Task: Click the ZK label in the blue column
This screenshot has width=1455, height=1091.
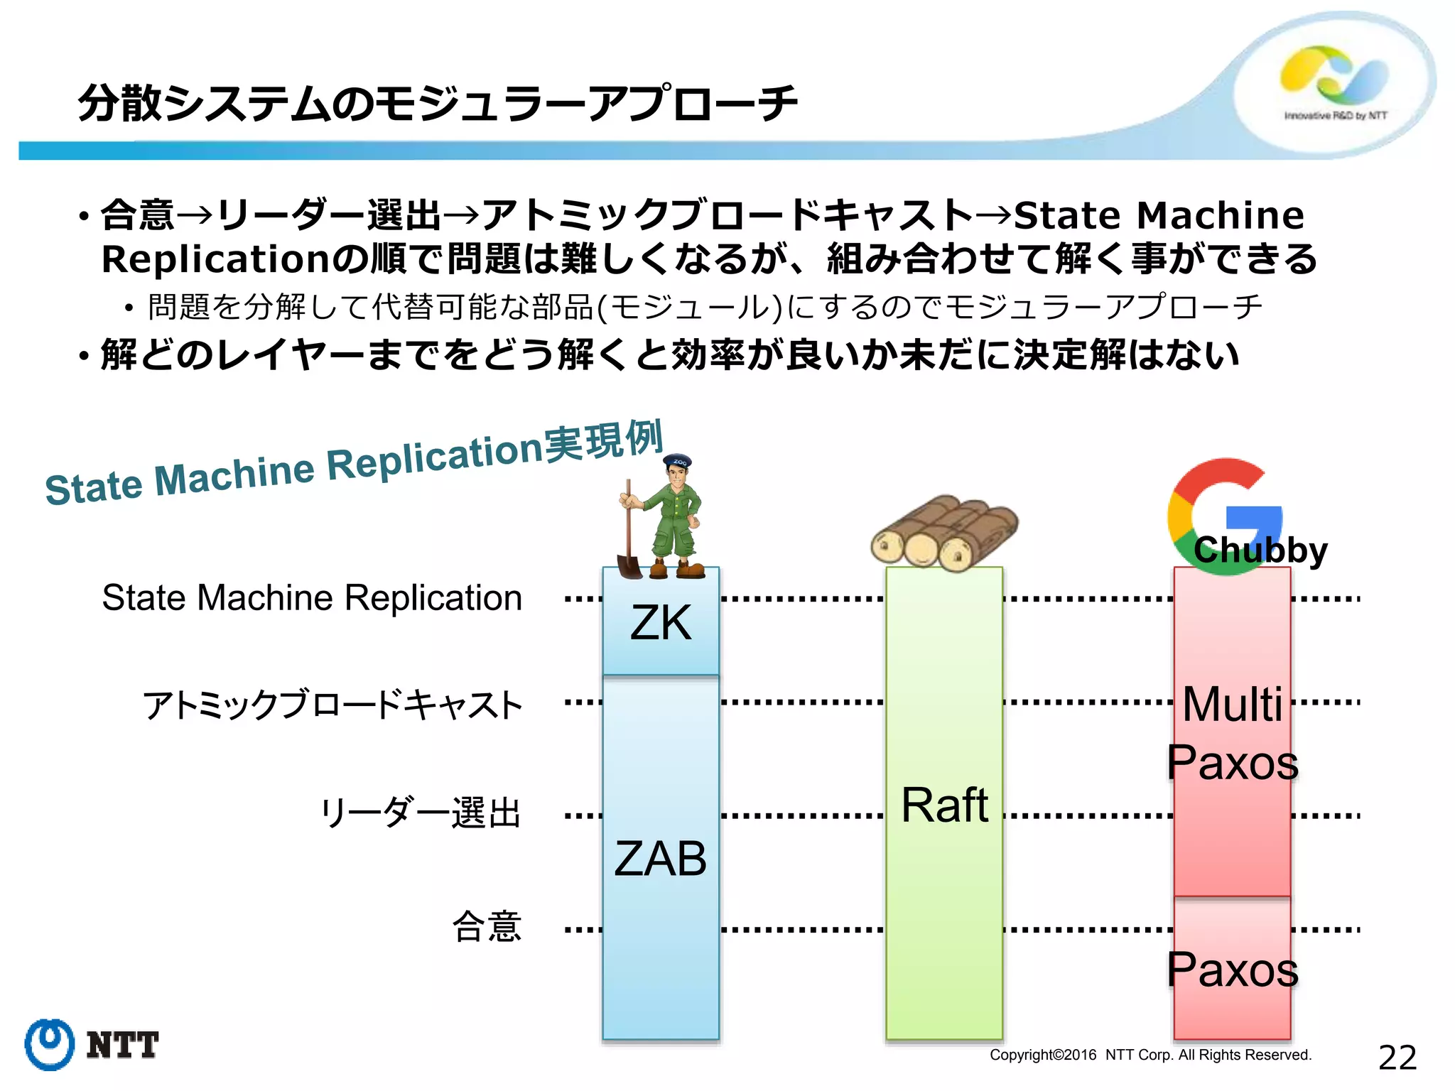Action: [660, 624]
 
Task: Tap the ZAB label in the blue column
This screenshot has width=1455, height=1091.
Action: [660, 859]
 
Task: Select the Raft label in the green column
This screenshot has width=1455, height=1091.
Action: [944, 805]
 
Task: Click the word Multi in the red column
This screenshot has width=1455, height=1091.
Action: [1233, 705]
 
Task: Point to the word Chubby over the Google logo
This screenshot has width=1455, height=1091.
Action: [1260, 550]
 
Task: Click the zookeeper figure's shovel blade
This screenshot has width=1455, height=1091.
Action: [629, 566]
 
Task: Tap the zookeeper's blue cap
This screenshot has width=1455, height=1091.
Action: [677, 461]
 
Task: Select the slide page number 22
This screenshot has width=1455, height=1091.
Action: [1397, 1058]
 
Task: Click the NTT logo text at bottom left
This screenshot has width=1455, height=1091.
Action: [122, 1046]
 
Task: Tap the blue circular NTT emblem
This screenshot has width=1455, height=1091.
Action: [49, 1044]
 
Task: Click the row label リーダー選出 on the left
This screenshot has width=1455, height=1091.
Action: [421, 813]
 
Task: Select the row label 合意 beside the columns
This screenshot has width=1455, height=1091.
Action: [487, 927]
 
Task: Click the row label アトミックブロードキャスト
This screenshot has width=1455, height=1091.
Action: [332, 705]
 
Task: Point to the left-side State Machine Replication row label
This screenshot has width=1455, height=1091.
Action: [312, 597]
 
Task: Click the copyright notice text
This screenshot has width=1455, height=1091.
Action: [1150, 1055]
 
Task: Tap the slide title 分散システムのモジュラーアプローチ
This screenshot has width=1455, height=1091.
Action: [437, 104]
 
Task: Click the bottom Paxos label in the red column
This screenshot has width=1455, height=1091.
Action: [1233, 970]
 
